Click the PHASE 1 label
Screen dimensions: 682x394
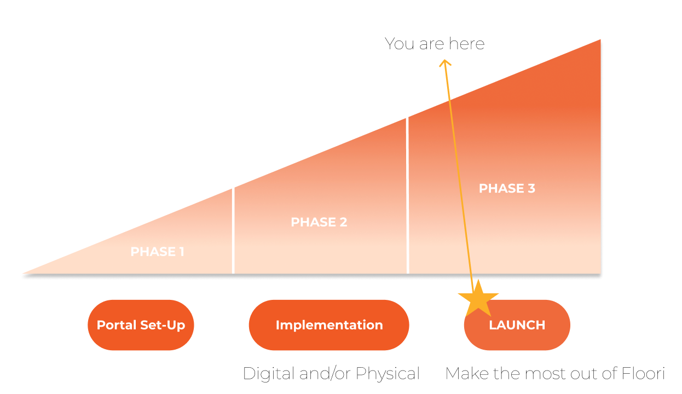pos(157,252)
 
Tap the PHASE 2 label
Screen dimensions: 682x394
pos(319,222)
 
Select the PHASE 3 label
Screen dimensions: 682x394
pos(507,188)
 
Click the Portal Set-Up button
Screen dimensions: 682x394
pos(141,325)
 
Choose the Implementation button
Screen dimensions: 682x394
pos(329,325)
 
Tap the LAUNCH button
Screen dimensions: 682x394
pos(517,325)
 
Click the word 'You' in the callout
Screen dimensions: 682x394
pos(400,44)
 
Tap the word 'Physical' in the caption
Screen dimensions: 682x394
pos(388,374)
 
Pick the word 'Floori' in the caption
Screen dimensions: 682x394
pos(643,373)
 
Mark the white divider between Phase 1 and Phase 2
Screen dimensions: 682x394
pos(233,231)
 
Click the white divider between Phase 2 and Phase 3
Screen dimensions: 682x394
pos(407,195)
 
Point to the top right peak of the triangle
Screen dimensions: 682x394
pos(600,39)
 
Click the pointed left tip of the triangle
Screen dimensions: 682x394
pos(23,274)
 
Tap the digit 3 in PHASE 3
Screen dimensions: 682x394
pos(531,188)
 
